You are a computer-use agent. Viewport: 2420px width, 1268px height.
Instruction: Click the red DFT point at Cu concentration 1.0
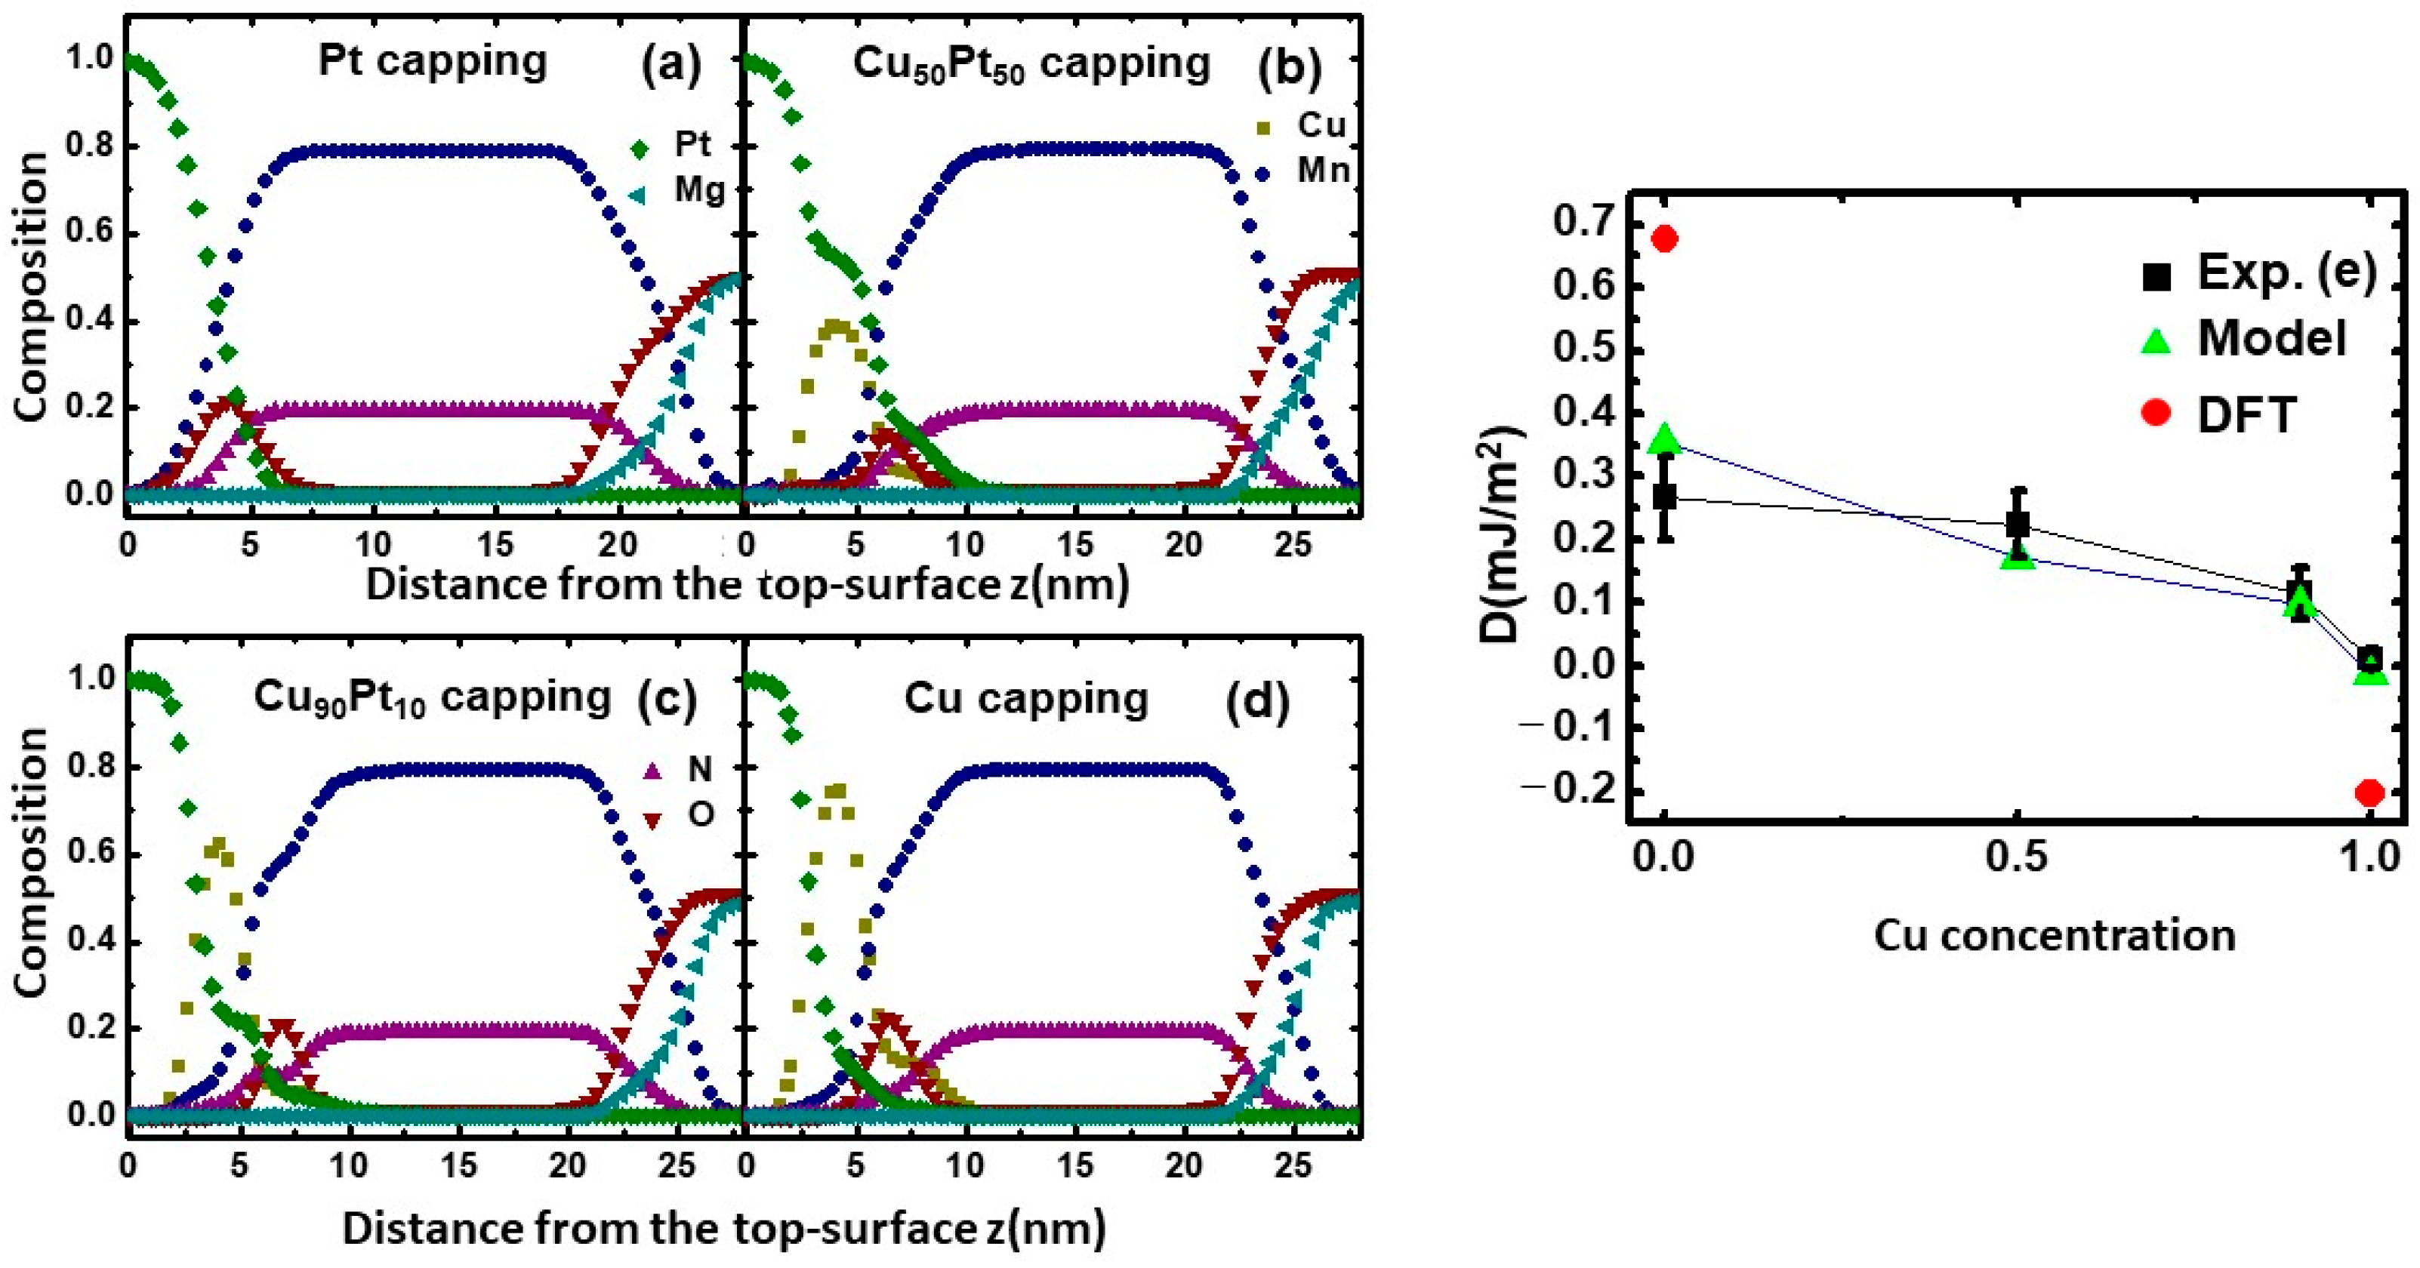point(2369,792)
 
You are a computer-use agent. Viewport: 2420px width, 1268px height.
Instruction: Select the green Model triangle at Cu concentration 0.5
point(2017,558)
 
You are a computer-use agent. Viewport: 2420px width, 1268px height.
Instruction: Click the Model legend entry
point(2246,339)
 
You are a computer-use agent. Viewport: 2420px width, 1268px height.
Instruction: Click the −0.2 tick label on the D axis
point(1574,791)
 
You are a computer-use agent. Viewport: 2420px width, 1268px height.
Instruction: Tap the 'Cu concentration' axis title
point(2055,935)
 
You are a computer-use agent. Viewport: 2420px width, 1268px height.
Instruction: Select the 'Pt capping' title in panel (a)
point(432,61)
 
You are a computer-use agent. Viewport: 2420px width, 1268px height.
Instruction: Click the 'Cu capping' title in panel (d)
point(1026,700)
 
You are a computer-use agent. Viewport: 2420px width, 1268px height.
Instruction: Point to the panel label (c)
point(667,700)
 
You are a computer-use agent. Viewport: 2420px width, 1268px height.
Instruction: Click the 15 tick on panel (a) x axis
point(496,544)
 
